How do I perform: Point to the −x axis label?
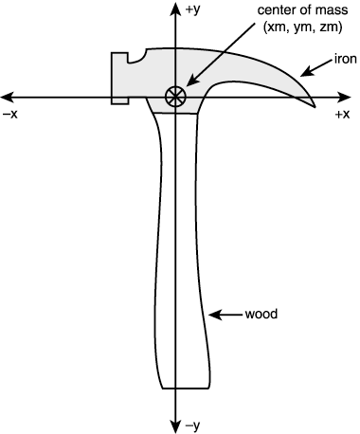pos(12,114)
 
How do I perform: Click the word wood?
pos(261,313)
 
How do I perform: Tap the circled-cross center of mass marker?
pos(174,95)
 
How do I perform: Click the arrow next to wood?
pos(225,313)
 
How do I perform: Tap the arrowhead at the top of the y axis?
pos(174,8)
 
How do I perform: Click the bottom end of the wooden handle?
pos(184,388)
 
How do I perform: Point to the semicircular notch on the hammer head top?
pos(142,55)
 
